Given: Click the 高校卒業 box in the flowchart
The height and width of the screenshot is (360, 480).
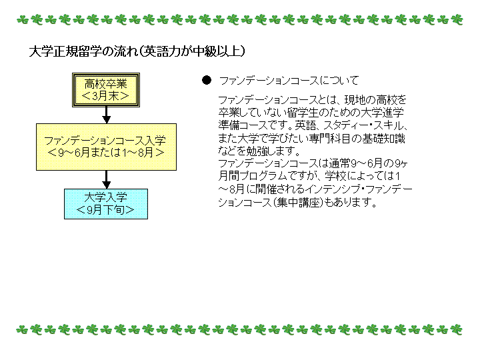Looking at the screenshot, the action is tap(106, 90).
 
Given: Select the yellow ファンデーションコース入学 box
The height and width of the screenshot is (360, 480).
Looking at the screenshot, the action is tap(106, 147).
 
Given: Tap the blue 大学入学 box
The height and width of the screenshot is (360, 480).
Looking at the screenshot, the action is tap(106, 204).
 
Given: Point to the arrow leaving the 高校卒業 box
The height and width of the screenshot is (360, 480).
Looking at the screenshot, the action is tap(106, 115).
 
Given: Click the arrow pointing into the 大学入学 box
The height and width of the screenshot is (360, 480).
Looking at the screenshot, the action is tap(106, 179).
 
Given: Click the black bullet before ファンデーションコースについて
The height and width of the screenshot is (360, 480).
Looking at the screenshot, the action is tap(207, 80).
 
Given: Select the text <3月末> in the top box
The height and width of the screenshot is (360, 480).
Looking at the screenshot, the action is tap(105, 96).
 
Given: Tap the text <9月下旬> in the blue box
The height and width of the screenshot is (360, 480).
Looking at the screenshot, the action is tap(105, 210).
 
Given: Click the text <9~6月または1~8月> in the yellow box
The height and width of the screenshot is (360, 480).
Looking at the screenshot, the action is tap(106, 153).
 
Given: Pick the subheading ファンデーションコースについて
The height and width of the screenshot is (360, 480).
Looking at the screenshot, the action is tap(289, 81).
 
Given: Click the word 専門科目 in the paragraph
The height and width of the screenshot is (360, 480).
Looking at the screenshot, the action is tap(330, 139).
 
